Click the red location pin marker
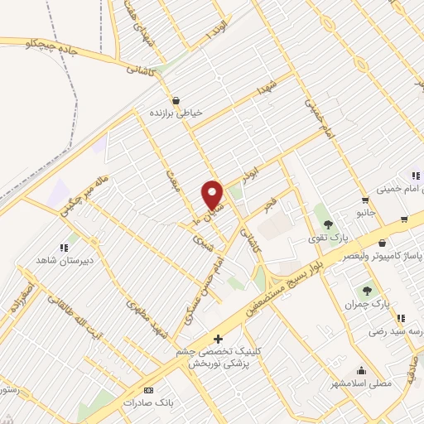[213, 195]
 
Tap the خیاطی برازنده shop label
[176, 111]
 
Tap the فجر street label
[269, 202]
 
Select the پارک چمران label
[366, 305]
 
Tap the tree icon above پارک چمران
[367, 291]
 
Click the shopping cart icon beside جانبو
[364, 200]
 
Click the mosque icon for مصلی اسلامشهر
[361, 370]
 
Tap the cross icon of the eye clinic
[218, 338]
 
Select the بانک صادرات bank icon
[148, 390]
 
